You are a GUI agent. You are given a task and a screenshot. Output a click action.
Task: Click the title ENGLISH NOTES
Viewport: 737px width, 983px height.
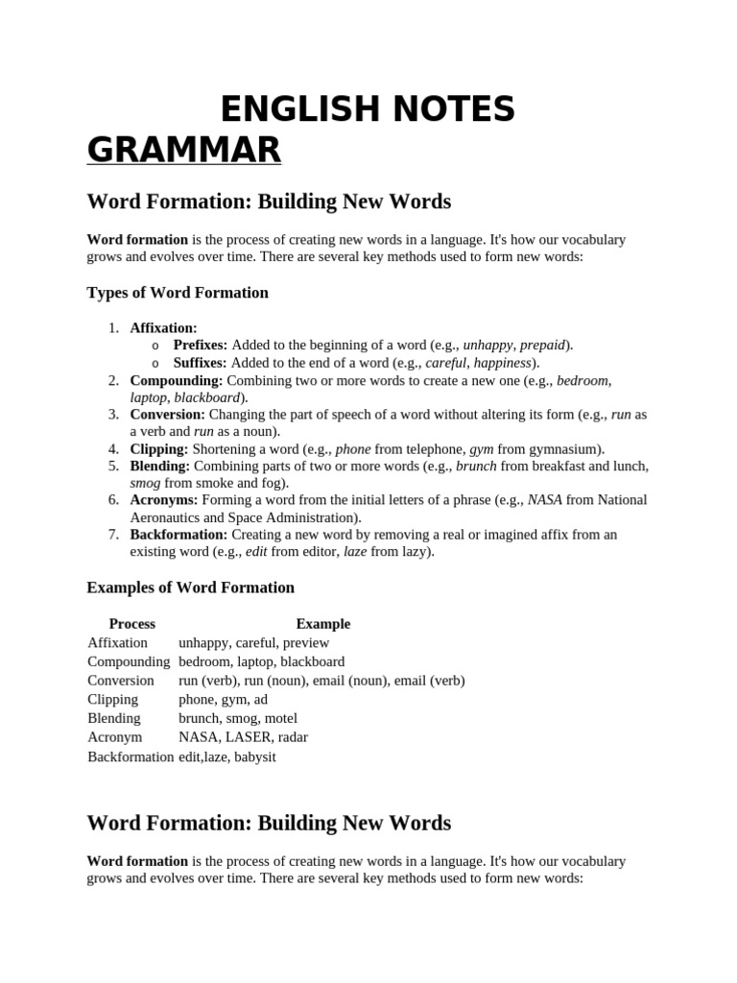point(368,110)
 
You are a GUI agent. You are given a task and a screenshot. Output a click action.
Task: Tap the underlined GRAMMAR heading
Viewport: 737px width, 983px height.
point(183,150)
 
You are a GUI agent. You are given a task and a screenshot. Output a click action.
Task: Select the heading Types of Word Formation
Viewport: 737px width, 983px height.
point(178,293)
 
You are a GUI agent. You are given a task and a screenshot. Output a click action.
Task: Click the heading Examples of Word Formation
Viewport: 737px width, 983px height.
point(190,587)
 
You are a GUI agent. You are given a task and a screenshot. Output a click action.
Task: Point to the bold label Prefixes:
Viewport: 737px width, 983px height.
point(200,345)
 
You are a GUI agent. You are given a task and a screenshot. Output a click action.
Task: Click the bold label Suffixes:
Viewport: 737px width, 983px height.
point(200,363)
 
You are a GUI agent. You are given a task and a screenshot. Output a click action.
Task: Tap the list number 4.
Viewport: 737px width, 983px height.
point(113,449)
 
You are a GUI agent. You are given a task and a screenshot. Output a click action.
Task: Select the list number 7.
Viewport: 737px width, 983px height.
point(113,534)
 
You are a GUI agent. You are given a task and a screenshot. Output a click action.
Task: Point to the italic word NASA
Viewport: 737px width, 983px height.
point(545,500)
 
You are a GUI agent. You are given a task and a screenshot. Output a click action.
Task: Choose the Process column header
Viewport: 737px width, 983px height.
point(131,624)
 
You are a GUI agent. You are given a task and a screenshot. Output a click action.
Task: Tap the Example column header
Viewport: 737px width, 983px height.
point(323,624)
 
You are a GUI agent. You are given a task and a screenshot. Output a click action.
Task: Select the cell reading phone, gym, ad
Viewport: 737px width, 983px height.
point(223,700)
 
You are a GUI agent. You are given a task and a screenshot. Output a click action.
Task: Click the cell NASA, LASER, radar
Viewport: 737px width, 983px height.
point(243,737)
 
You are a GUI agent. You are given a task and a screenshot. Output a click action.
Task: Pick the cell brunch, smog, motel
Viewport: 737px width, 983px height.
point(238,718)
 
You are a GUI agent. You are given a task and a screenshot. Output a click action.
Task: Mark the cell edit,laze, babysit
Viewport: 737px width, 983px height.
point(227,756)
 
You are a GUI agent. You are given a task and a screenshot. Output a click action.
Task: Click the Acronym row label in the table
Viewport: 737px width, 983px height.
point(114,737)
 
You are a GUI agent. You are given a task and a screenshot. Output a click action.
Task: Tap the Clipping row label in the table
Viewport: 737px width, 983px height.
point(112,700)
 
